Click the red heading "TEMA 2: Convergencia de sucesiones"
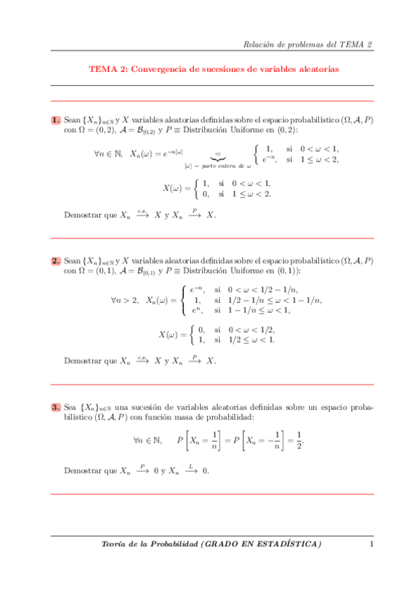(x=213, y=69)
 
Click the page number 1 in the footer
(x=371, y=543)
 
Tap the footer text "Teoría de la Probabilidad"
(x=148, y=543)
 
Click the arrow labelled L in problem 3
(x=190, y=470)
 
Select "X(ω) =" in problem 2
(x=172, y=335)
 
